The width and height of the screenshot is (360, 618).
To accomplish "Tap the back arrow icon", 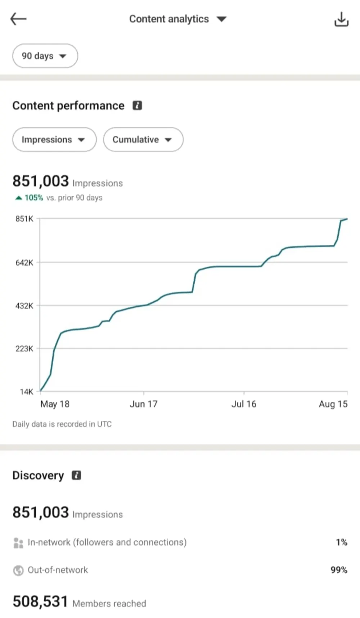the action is [x=18, y=19].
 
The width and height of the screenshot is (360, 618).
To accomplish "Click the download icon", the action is [x=341, y=19].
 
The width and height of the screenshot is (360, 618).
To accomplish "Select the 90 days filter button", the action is [x=45, y=56].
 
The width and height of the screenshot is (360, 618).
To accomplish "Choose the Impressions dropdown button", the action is [x=54, y=140].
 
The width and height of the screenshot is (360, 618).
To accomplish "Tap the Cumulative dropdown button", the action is [x=143, y=140].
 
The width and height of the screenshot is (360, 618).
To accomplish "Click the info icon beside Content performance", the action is [x=137, y=105].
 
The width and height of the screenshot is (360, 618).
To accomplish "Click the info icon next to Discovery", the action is [x=76, y=475].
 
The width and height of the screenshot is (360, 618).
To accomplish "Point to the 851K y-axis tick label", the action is [x=24, y=219].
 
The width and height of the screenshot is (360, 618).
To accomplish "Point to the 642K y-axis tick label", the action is [x=24, y=263].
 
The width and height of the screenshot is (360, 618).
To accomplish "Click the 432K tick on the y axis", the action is [x=24, y=306].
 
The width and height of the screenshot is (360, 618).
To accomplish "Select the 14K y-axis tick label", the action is [x=26, y=392].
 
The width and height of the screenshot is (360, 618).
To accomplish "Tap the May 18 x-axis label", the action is [x=55, y=404].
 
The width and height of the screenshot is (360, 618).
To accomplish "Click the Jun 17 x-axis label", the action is [x=144, y=404].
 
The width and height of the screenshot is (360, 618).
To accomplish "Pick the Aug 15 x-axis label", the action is [x=333, y=404].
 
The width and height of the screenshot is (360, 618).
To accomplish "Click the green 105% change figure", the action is [x=34, y=198].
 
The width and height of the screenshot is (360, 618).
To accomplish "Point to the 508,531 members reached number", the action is [x=40, y=601].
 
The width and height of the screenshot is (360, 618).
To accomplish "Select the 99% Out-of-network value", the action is [x=339, y=570].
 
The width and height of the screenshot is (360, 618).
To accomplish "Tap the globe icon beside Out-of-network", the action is [x=18, y=570].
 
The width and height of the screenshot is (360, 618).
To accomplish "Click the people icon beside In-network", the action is [x=18, y=543].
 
